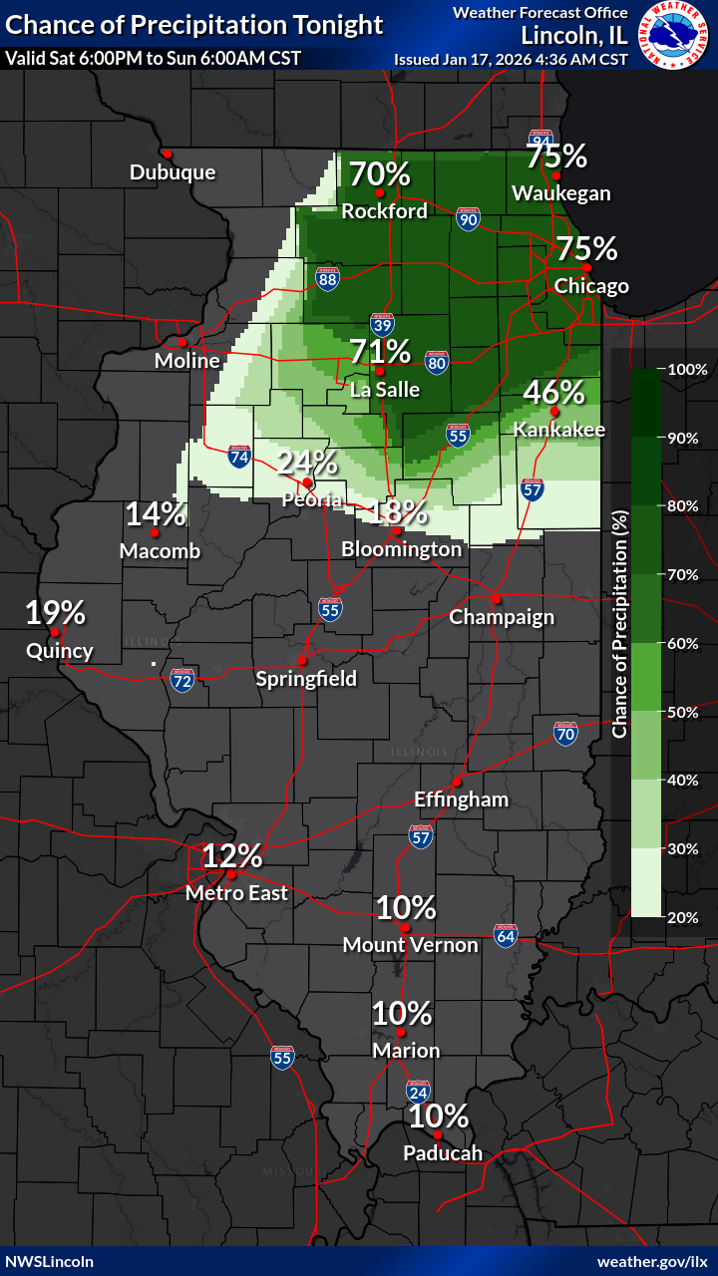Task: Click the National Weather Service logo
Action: [x=674, y=36]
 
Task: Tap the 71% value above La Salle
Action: [x=380, y=352]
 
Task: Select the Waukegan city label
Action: [x=560, y=193]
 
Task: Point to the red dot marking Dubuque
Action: [x=168, y=154]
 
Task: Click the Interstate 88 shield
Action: [x=328, y=278]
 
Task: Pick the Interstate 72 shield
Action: [x=181, y=681]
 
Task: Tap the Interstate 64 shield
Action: [x=506, y=935]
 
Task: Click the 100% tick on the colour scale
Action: [x=687, y=369]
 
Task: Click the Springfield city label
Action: [x=306, y=679]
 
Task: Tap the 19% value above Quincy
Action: [x=55, y=613]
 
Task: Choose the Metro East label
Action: [x=236, y=893]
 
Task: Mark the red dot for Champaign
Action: [x=494, y=600]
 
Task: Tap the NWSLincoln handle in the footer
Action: [x=50, y=1261]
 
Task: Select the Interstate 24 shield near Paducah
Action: [x=418, y=1093]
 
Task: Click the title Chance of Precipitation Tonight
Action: [x=194, y=25]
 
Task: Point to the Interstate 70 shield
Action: [x=565, y=734]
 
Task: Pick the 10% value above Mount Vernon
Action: [x=406, y=908]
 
